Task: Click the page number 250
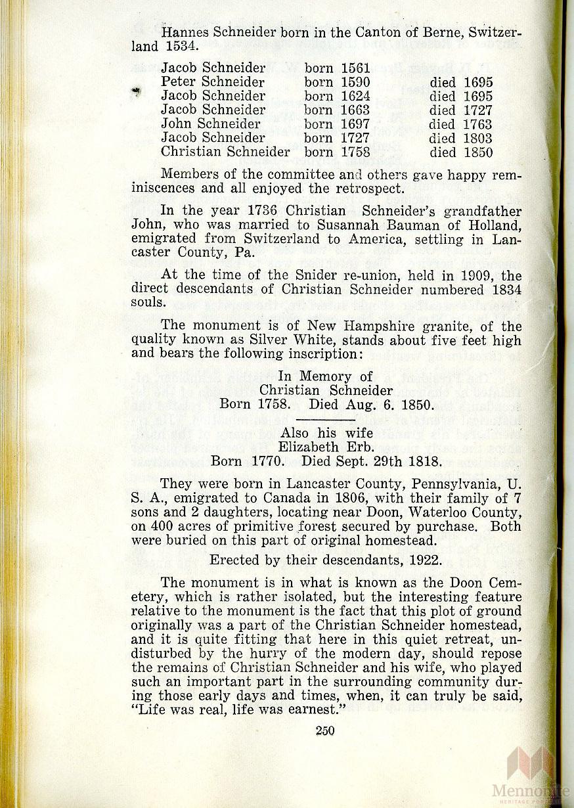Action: (324, 730)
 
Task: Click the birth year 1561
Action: (355, 68)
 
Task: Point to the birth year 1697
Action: (355, 124)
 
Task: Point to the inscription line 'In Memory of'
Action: (325, 376)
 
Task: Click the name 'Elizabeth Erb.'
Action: (326, 447)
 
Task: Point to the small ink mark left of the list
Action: (137, 92)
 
